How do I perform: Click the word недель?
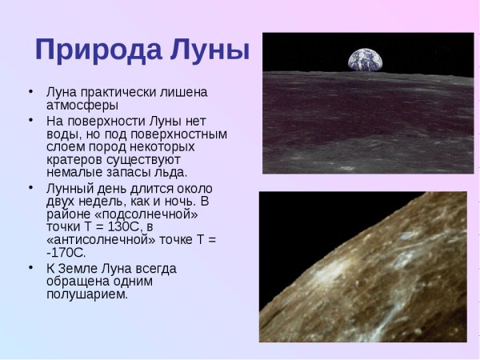[106, 201]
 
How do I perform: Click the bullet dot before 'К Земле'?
[30, 266]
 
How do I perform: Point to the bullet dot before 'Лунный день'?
[30, 186]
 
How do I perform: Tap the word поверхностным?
[185, 134]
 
